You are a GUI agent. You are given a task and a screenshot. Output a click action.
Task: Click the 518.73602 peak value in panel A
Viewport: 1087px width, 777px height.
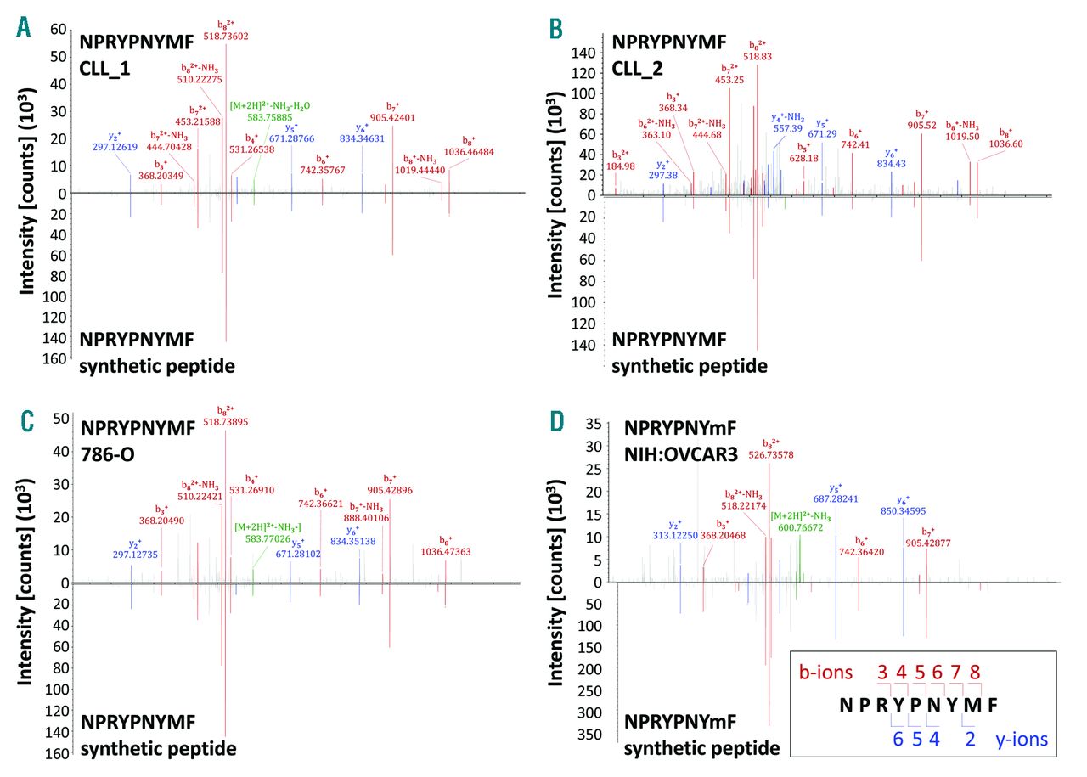(224, 36)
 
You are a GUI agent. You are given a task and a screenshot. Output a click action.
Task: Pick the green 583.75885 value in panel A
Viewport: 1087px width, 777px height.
(261, 117)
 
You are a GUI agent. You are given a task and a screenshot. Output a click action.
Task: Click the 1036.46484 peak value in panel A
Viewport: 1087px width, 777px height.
(465, 151)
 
